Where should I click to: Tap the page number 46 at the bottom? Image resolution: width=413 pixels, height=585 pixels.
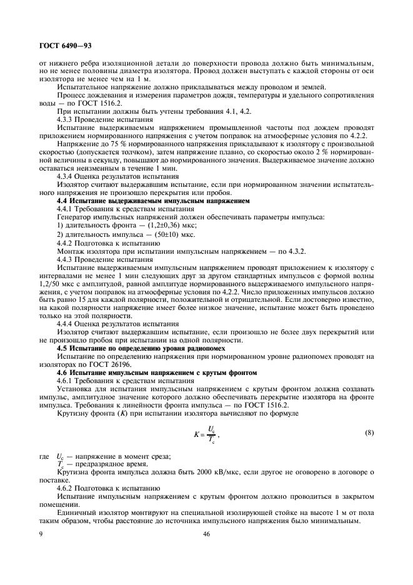click(x=206, y=534)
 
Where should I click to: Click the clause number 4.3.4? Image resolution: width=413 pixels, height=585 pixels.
click(x=66, y=177)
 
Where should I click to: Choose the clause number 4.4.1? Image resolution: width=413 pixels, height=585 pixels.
click(x=66, y=209)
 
